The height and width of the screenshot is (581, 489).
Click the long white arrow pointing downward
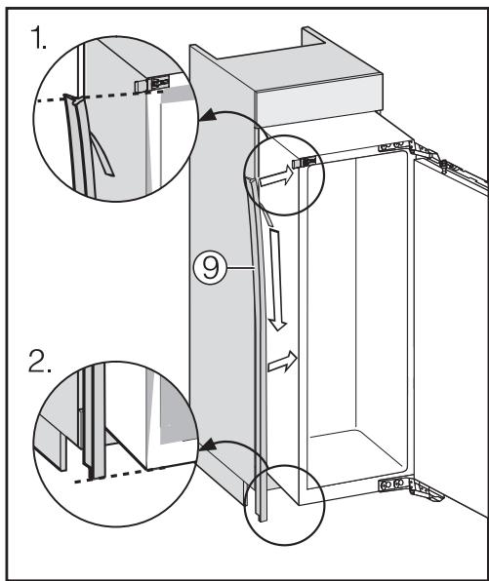click(277, 277)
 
